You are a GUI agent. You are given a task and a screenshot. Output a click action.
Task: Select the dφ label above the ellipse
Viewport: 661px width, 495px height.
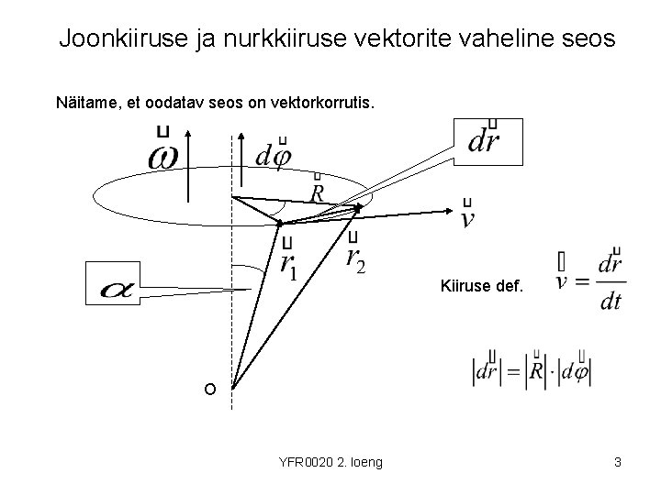274,157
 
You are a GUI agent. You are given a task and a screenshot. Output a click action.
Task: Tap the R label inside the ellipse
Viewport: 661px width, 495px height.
317,192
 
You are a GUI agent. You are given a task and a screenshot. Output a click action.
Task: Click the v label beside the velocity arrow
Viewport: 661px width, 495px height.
468,217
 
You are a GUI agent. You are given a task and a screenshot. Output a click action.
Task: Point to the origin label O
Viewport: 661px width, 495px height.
210,390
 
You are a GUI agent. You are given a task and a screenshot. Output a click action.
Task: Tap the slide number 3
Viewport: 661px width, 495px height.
618,462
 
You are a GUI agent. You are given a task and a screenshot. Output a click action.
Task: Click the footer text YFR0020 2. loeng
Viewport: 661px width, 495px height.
330,462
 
